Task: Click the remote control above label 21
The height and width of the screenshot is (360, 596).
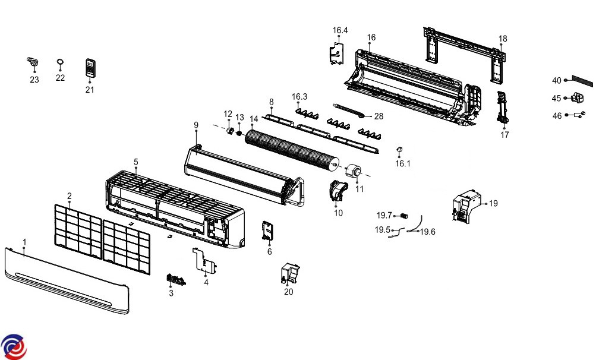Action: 90,68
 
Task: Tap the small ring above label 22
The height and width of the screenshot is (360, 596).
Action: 60,62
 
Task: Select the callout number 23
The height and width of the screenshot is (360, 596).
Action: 34,80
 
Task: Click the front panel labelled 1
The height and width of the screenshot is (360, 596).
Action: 65,279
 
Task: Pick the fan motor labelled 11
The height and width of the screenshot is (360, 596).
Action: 356,172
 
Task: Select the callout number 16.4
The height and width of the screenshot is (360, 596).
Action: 340,30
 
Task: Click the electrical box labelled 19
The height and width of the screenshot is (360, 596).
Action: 466,206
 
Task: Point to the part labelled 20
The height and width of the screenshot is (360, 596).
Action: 289,273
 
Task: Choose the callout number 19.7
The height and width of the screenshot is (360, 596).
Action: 384,215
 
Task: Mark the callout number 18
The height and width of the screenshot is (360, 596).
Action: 503,39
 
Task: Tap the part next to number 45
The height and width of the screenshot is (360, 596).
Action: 578,99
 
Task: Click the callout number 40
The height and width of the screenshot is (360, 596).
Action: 556,81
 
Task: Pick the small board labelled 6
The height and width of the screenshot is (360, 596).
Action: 267,232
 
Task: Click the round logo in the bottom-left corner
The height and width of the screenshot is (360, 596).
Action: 14,346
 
